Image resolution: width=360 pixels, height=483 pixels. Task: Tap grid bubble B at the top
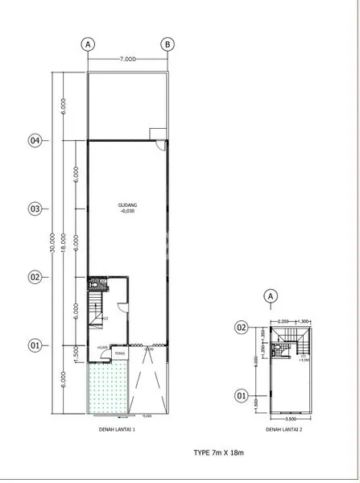pos(167,43)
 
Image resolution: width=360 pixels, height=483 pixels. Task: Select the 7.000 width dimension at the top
pos(126,59)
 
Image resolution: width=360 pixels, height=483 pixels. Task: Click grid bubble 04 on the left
pos(35,140)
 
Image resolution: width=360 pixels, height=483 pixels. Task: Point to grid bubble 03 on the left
pos(35,208)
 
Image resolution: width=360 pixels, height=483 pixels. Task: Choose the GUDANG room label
pos(126,205)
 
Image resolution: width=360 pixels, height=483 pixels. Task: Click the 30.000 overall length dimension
pos(52,243)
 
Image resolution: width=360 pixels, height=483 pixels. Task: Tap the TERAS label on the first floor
pos(118,353)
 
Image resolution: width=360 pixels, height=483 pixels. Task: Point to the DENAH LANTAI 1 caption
pos(127,431)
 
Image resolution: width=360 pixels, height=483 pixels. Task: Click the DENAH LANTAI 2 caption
pos(284,431)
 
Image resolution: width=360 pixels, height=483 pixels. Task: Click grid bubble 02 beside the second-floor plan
pos(241,327)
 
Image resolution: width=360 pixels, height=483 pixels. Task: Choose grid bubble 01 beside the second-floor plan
pos(241,395)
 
